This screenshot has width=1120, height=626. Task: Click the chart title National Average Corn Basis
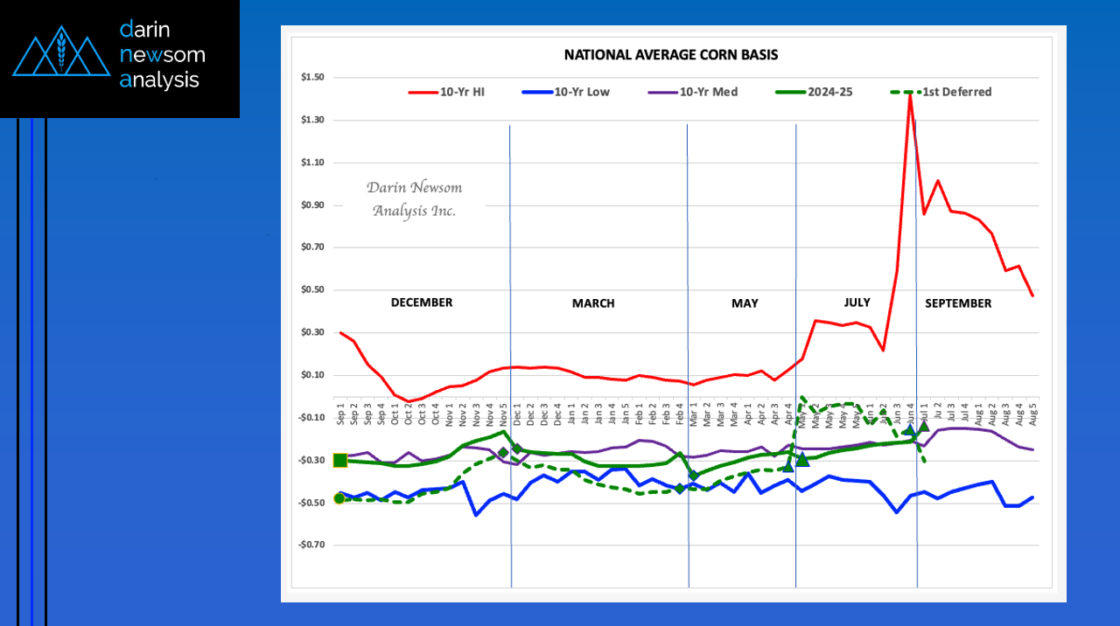pos(671,54)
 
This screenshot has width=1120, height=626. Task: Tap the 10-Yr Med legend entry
pos(708,92)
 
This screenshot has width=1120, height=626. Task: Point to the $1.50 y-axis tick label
pos(312,78)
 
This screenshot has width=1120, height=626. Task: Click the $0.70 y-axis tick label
pos(312,247)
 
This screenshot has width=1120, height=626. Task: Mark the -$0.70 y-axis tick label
pos(311,545)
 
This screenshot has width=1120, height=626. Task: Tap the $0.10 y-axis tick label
pos(312,375)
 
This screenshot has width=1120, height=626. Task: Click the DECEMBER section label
pos(422,303)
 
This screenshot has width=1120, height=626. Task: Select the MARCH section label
pos(593,303)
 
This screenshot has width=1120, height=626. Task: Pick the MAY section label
pos(745,303)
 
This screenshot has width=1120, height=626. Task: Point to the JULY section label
pos(857,303)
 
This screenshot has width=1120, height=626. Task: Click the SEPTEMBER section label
pos(958,303)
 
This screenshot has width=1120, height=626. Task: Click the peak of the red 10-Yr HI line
pos(910,94)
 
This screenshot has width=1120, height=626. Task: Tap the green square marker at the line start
pos(340,460)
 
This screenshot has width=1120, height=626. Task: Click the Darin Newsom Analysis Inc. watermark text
pos(414,199)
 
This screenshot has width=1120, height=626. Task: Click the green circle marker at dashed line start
pos(339,498)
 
